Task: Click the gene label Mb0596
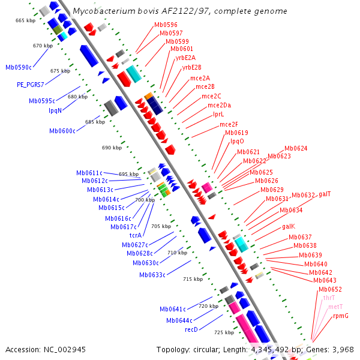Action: tap(166, 25)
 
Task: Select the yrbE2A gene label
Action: tap(185, 58)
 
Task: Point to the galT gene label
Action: tap(325, 194)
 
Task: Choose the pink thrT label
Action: tap(329, 298)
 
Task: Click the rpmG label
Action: tap(340, 315)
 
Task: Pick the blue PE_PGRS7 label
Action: tap(31, 85)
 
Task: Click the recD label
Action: tap(191, 329)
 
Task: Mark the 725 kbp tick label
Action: tap(224, 332)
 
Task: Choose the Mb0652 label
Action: tap(330, 289)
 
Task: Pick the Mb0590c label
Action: tap(18, 67)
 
